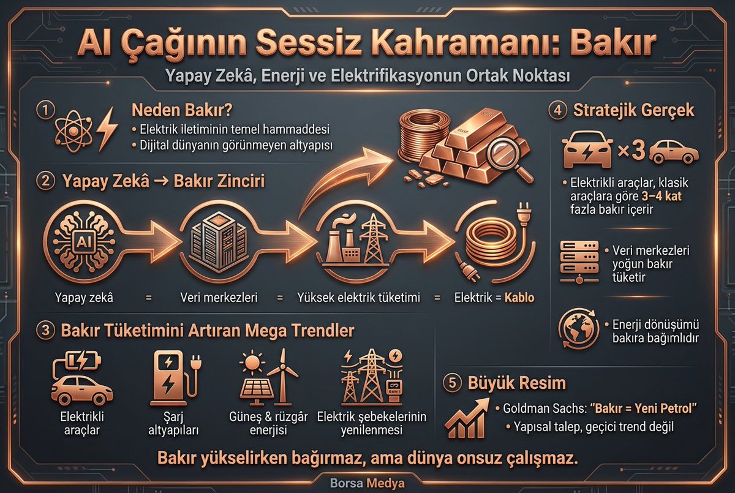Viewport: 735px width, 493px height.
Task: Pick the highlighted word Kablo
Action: [519, 298]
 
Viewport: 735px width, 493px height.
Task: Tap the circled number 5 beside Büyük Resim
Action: [452, 383]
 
